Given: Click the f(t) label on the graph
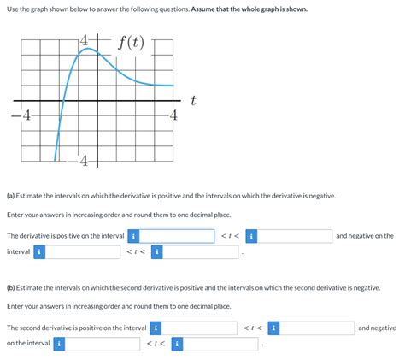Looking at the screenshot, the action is pyautogui.click(x=131, y=41).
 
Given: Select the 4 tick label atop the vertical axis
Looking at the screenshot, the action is pyautogui.click(x=85, y=39).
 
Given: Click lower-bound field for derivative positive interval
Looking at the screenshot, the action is pyautogui.click(x=177, y=236).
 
